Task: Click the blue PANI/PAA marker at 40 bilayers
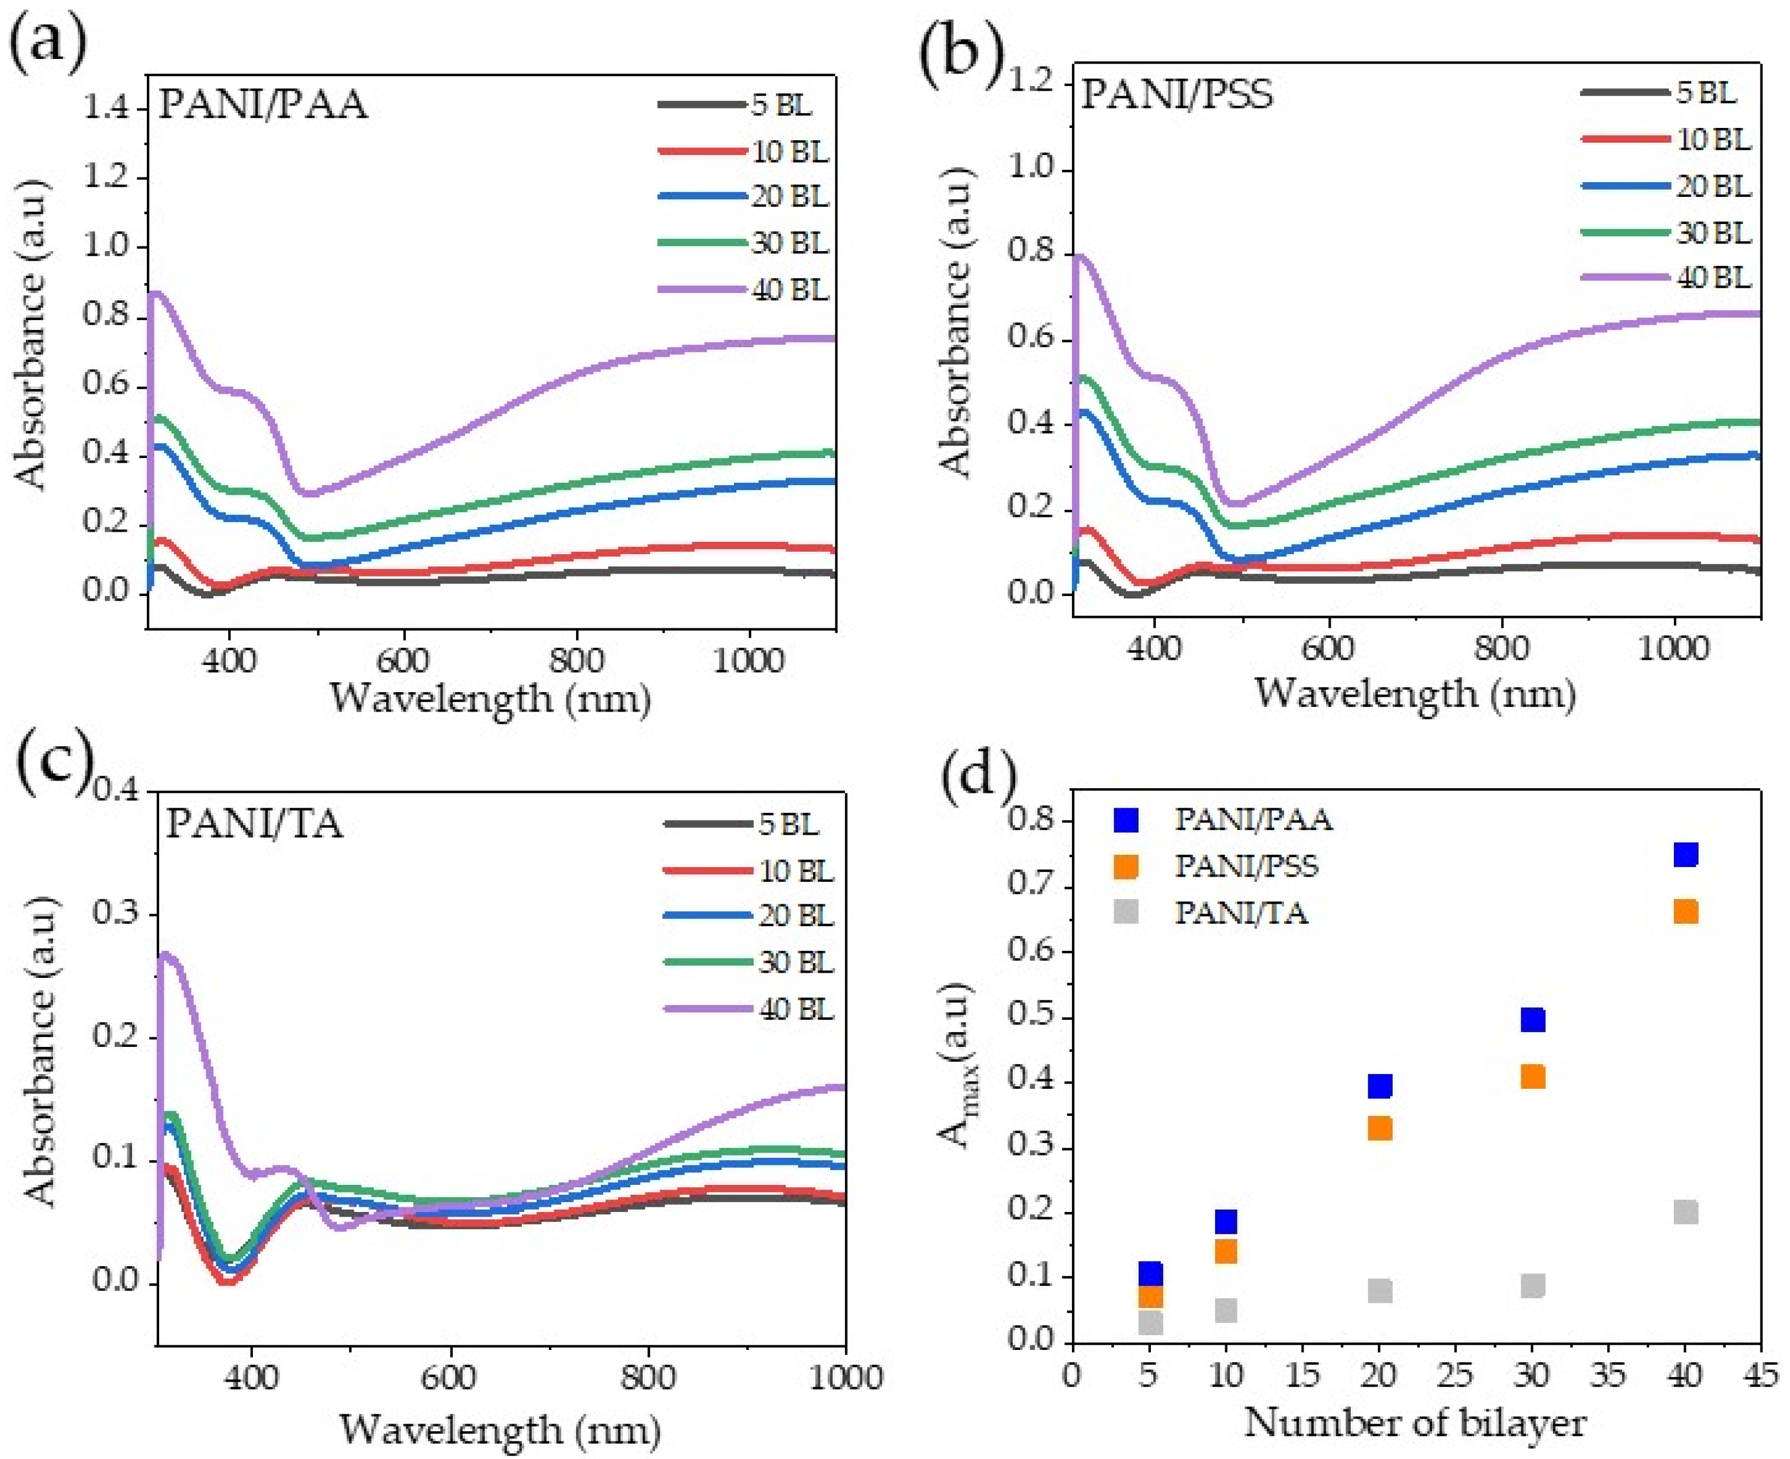(x=1686, y=855)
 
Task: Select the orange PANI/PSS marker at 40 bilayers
(x=1686, y=912)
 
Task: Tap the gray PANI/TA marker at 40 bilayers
(x=1686, y=1212)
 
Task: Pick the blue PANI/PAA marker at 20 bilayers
(x=1380, y=1086)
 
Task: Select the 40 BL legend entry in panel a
(x=743, y=290)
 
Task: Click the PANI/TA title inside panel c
(x=255, y=824)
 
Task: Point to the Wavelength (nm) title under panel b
(x=1415, y=693)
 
